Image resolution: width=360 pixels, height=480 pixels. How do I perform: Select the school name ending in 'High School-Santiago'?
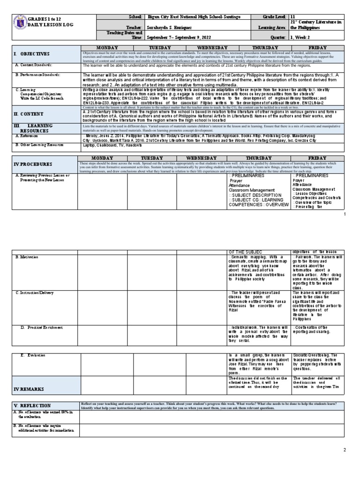pyautogui.click(x=194, y=17)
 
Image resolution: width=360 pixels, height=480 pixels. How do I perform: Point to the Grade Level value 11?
pyautogui.click(x=292, y=17)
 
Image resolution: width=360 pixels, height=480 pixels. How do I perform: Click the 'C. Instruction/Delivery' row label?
pyautogui.click(x=35, y=293)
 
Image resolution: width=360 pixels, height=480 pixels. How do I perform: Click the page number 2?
pyautogui.click(x=344, y=450)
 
